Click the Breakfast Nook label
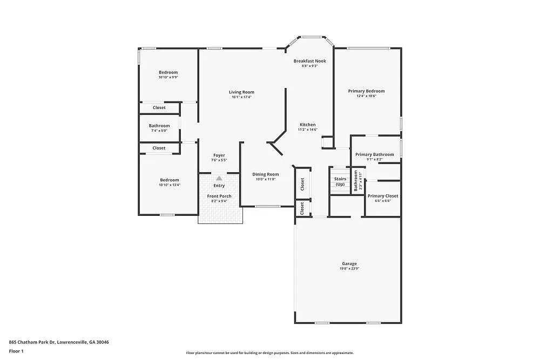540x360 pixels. pyautogui.click(x=309, y=61)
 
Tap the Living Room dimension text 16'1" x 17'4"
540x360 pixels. pyautogui.click(x=241, y=97)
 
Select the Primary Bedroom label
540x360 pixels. pyautogui.click(x=367, y=91)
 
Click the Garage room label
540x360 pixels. pyautogui.click(x=349, y=263)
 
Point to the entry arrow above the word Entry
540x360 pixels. pyautogui.click(x=219, y=178)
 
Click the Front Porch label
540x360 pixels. pyautogui.click(x=219, y=196)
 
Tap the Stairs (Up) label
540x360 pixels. pyautogui.click(x=340, y=181)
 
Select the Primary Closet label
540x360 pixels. pyautogui.click(x=383, y=196)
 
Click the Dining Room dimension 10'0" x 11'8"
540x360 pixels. pyautogui.click(x=266, y=179)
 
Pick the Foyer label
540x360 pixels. pyautogui.click(x=219, y=155)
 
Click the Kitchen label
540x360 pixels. pyautogui.click(x=307, y=125)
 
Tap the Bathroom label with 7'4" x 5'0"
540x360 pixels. pyautogui.click(x=159, y=126)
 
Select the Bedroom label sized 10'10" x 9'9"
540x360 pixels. pyautogui.click(x=168, y=72)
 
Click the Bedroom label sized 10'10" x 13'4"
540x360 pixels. pyautogui.click(x=169, y=180)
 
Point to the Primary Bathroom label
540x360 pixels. pyautogui.click(x=374, y=154)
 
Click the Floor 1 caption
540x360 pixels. pyautogui.click(x=16, y=351)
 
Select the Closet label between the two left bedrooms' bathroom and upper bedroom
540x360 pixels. pyautogui.click(x=159, y=107)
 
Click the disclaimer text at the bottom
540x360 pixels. pyautogui.click(x=269, y=352)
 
